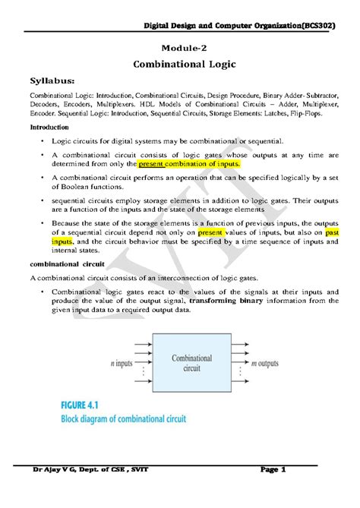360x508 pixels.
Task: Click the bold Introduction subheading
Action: pyautogui.click(x=52, y=127)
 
